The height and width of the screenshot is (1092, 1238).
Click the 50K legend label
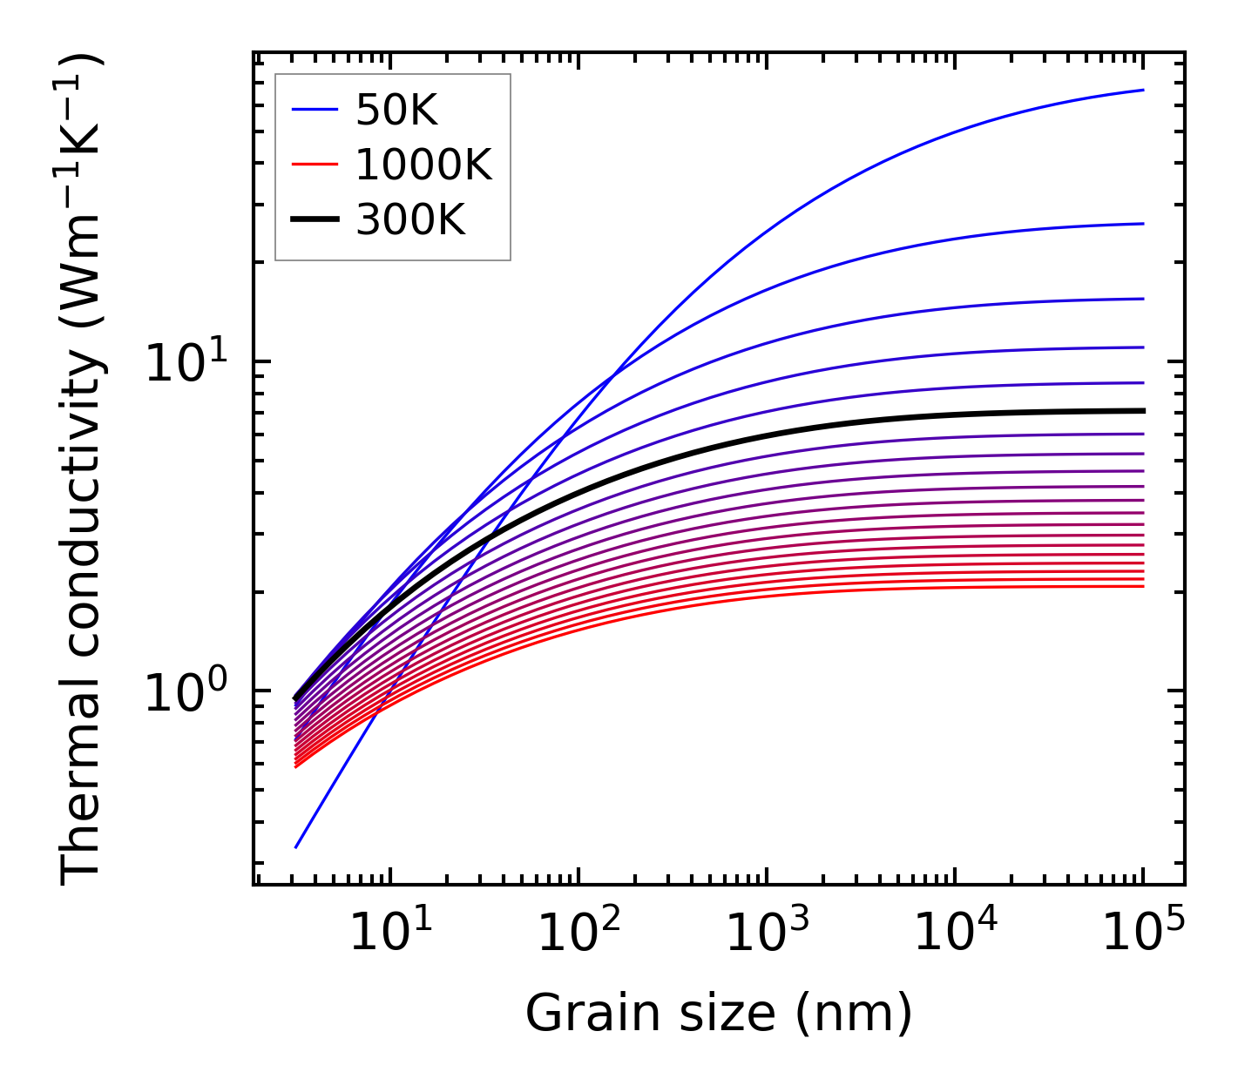click(x=396, y=111)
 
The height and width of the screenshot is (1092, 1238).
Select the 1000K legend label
click(x=423, y=165)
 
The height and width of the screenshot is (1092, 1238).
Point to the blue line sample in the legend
click(x=315, y=110)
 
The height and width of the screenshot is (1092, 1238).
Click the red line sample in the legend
click(x=315, y=165)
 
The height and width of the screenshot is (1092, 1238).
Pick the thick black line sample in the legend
click(x=315, y=219)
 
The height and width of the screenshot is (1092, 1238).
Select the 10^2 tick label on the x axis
click(x=578, y=934)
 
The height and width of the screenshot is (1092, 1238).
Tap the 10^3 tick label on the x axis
click(x=767, y=934)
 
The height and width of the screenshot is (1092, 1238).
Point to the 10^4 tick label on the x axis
click(x=955, y=934)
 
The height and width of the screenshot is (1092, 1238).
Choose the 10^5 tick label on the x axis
click(x=1143, y=934)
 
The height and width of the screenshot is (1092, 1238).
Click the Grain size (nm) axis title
click(x=719, y=1014)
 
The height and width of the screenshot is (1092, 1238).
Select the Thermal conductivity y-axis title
click(x=83, y=470)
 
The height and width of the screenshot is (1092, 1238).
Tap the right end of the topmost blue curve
click(x=1143, y=90)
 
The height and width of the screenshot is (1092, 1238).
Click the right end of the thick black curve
click(x=1143, y=410)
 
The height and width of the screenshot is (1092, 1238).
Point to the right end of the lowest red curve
click(x=1143, y=586)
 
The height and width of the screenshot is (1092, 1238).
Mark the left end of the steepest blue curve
click(x=296, y=846)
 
